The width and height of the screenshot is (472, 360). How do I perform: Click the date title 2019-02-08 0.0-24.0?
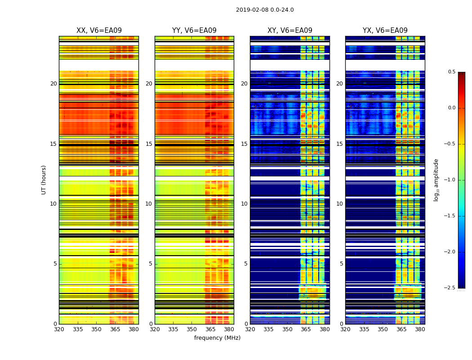[x=265, y=10]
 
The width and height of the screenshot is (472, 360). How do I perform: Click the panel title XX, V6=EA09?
[x=99, y=31]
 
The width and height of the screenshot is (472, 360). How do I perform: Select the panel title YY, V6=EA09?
[x=194, y=31]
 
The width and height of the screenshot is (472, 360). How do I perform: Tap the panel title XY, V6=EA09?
[x=290, y=31]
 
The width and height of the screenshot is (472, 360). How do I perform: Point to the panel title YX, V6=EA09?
[x=385, y=31]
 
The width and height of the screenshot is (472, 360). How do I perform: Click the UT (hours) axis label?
[x=44, y=180]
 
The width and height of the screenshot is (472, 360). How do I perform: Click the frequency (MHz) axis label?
[x=217, y=338]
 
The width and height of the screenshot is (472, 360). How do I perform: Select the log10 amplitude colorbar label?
[x=436, y=180]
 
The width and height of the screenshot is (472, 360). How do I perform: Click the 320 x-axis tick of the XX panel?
[x=59, y=329]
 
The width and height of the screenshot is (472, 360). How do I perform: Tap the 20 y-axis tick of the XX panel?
[x=53, y=84]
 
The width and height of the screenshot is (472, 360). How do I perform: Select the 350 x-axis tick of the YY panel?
[x=192, y=329]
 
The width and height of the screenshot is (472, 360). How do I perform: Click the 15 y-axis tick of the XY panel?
[x=245, y=144]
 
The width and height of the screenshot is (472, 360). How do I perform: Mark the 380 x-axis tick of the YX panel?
[x=420, y=329]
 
